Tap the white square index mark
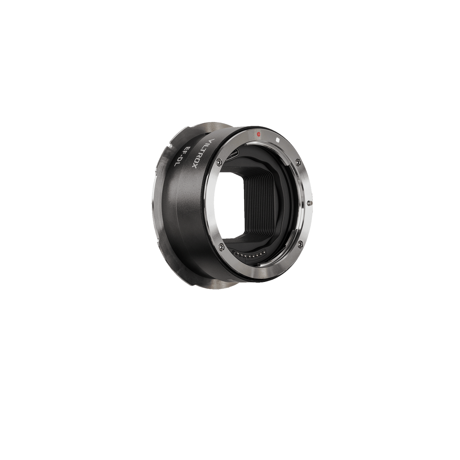click(x=278, y=139)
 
